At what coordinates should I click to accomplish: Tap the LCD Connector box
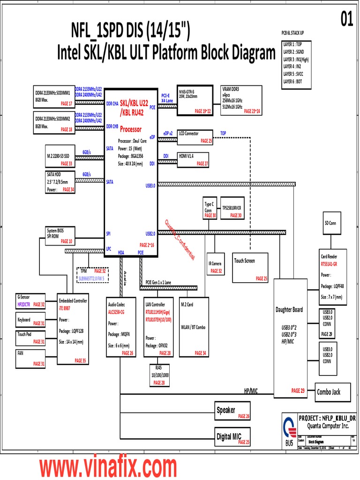pyautogui.click(x=195, y=136)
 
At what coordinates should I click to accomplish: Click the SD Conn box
pyautogui.click(x=330, y=223)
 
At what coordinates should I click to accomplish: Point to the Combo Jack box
pyautogui.click(x=333, y=392)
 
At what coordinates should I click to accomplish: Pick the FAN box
pyautogui.click(x=30, y=358)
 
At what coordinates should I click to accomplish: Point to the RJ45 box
pyautogui.click(x=159, y=375)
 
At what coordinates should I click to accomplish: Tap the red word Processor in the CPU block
pyautogui.click(x=131, y=129)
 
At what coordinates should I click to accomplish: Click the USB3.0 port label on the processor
pyautogui.click(x=150, y=186)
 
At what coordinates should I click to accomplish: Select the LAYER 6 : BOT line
pyautogui.click(x=295, y=82)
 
